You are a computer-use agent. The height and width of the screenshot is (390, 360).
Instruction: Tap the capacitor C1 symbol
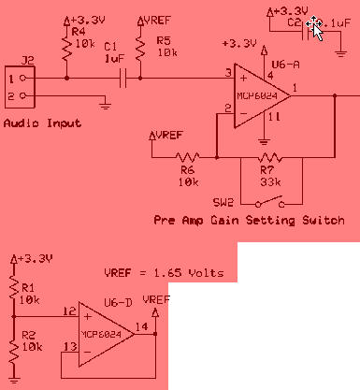tap(122, 80)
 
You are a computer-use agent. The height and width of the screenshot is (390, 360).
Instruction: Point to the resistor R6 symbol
tap(192, 156)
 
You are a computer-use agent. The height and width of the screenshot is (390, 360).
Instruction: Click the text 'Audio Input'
tap(42, 123)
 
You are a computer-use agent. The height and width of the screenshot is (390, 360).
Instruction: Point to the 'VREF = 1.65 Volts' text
tap(165, 273)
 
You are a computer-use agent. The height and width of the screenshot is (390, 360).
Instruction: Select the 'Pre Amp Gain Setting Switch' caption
tap(248, 221)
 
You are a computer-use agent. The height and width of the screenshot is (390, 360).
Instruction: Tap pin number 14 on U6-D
tap(140, 325)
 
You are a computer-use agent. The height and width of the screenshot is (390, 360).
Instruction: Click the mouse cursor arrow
tap(317, 27)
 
